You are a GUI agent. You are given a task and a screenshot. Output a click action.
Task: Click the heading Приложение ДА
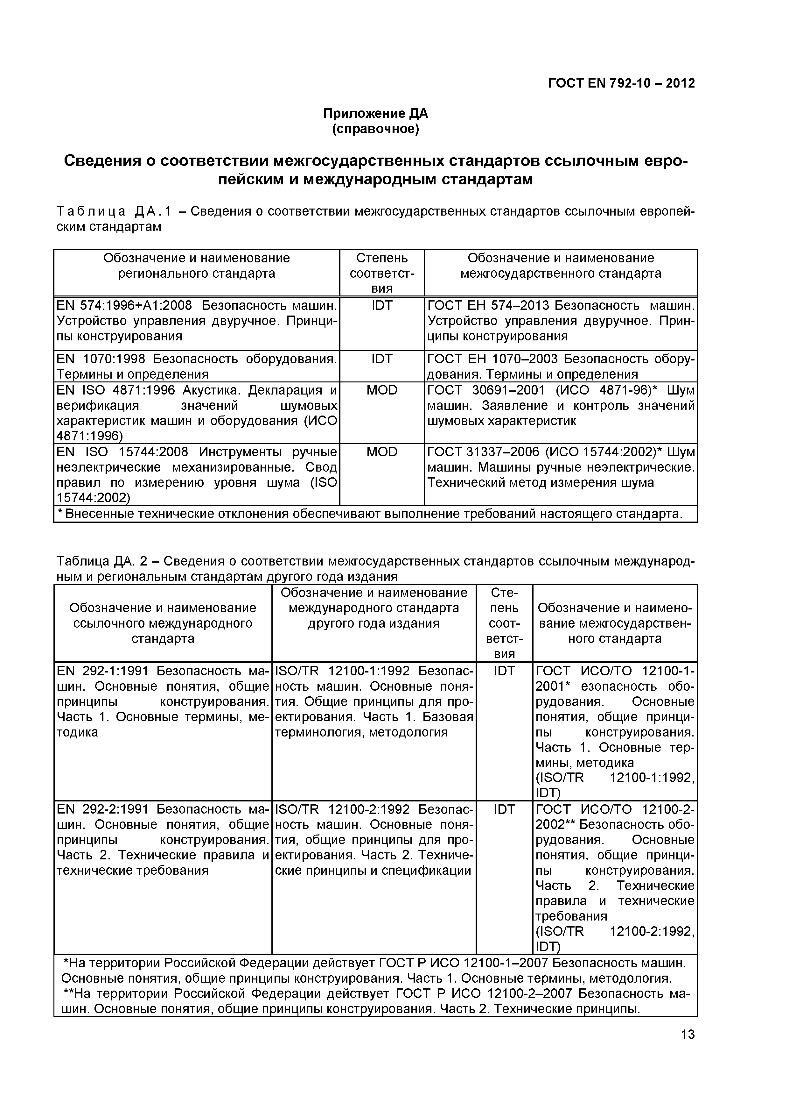pos(375,114)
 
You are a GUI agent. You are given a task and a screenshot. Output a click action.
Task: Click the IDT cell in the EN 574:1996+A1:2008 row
pos(382,306)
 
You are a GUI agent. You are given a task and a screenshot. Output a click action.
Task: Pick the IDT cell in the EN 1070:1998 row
pos(382,359)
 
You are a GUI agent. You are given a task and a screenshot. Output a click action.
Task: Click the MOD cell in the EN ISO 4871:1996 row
pos(382,390)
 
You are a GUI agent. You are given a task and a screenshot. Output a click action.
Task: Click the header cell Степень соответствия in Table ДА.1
pos(382,273)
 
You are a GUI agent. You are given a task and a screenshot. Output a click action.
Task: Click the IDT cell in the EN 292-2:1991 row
pos(504,809)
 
